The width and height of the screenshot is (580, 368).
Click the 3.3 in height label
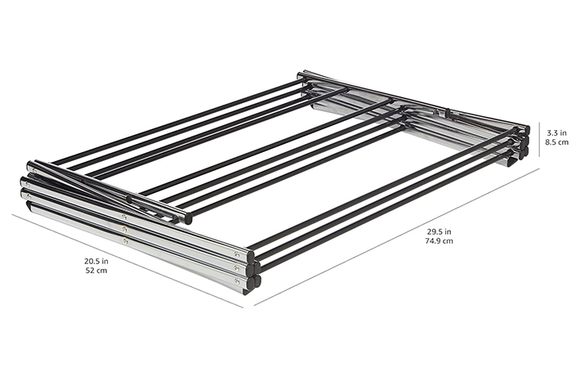tap(556, 132)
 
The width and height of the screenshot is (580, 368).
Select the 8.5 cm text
tap(557, 141)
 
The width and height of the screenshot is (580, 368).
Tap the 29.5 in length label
tap(439, 232)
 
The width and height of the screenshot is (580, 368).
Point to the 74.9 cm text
tap(439, 241)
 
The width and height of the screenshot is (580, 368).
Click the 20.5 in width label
tap(96, 261)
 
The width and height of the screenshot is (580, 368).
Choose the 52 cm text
tap(96, 270)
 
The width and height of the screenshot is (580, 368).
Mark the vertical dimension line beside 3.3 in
tap(539, 141)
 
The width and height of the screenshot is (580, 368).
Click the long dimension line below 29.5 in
tap(396, 237)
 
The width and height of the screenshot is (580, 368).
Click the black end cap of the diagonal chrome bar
tap(188, 218)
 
